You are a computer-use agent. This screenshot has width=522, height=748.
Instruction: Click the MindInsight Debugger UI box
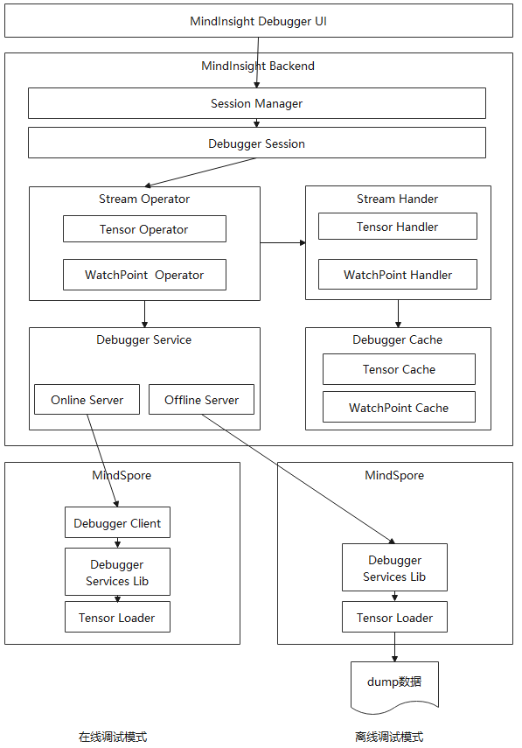click(259, 21)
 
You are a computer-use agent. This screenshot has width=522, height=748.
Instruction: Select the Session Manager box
click(256, 103)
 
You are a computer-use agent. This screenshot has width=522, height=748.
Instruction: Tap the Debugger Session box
click(256, 143)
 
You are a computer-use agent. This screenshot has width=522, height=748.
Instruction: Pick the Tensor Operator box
click(144, 229)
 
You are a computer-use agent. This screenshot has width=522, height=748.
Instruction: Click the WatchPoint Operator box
click(144, 275)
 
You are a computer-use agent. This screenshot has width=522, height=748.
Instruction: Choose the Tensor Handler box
click(398, 226)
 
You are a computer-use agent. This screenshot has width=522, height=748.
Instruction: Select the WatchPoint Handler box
click(398, 275)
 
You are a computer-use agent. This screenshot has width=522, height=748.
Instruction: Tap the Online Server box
click(87, 399)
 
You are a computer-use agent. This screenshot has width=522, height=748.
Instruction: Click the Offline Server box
click(201, 399)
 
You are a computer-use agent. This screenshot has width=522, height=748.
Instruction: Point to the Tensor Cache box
click(399, 369)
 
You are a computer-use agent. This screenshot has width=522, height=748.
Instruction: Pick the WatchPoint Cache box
click(399, 407)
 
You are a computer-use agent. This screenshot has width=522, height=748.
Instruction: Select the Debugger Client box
click(117, 522)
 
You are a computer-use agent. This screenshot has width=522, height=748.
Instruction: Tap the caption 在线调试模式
click(113, 737)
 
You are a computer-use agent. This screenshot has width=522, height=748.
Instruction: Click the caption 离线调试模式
click(389, 737)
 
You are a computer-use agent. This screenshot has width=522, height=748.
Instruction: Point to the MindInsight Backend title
click(258, 66)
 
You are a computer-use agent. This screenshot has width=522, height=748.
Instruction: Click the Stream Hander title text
click(397, 199)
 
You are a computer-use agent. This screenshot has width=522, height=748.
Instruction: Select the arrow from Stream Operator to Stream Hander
click(282, 243)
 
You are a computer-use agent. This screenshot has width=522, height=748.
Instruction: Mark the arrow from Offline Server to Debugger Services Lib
click(298, 479)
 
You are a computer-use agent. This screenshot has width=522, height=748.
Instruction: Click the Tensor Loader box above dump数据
click(394, 617)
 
